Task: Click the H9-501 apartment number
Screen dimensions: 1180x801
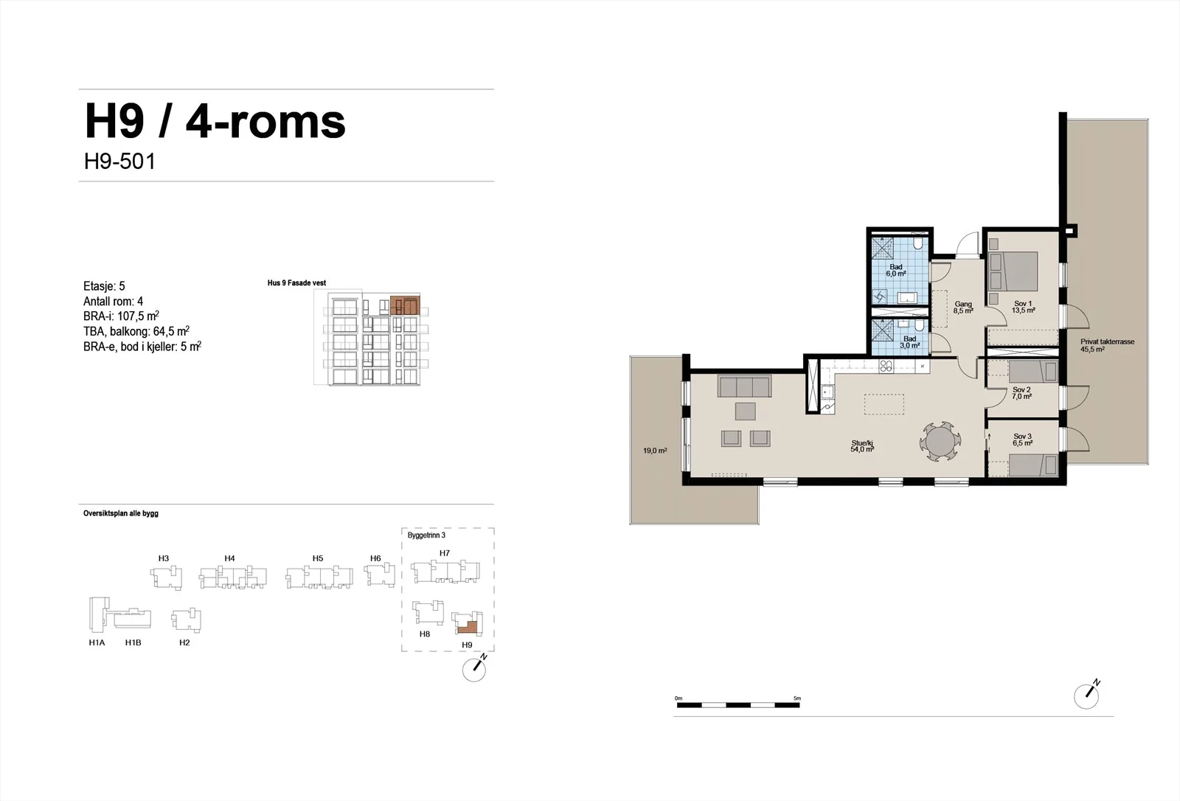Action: click(x=119, y=162)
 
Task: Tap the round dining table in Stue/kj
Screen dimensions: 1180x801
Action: click(x=940, y=441)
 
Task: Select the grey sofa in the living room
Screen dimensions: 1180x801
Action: click(x=744, y=386)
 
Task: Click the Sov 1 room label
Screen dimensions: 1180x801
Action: click(x=1023, y=308)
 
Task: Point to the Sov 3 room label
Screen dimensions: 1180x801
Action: click(x=1022, y=440)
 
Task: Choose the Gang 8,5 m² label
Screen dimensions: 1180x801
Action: click(x=963, y=308)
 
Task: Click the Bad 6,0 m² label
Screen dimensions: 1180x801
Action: click(x=895, y=271)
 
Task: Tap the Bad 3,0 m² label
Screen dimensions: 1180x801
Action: click(x=910, y=342)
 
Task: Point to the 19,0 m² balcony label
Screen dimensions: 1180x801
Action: click(x=655, y=451)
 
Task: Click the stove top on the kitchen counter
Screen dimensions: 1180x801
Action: click(x=886, y=366)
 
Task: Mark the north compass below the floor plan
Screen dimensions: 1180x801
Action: click(x=1087, y=696)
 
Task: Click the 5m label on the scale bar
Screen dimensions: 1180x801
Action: click(x=797, y=698)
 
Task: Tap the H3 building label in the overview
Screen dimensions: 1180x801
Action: click(x=163, y=558)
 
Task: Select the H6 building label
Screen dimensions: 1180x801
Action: click(x=375, y=558)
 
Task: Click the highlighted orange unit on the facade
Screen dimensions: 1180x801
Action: click(x=405, y=305)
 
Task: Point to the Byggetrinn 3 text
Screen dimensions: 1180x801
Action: click(x=426, y=535)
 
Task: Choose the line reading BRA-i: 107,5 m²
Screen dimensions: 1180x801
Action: click(x=121, y=316)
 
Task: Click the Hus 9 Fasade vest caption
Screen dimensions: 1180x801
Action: click(x=296, y=283)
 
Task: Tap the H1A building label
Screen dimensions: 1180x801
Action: click(x=97, y=642)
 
